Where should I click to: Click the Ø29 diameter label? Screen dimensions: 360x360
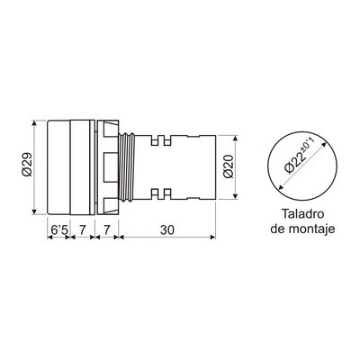(x=27, y=165)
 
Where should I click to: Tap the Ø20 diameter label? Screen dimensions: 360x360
(x=229, y=166)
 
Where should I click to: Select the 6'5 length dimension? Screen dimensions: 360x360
(x=59, y=230)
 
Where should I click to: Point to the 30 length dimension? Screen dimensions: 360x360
(x=167, y=230)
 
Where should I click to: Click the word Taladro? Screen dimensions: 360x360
(x=302, y=214)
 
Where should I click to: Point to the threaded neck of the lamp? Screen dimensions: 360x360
(x=127, y=167)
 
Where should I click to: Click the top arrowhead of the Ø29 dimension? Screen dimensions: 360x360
(x=34, y=122)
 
